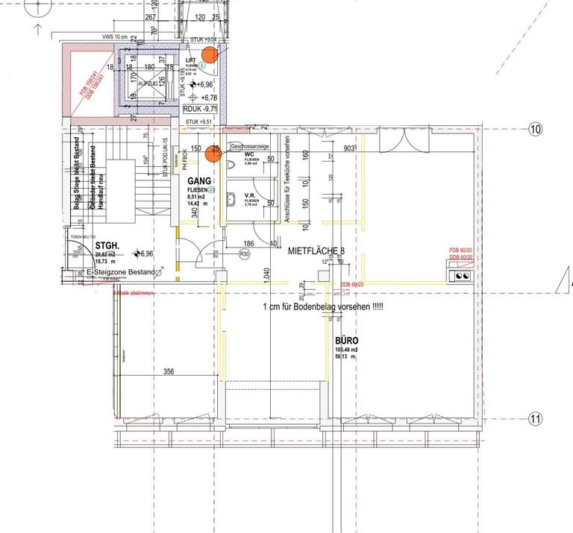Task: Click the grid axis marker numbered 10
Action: click(535, 129)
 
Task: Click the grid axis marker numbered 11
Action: click(535, 419)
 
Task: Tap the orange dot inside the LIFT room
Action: click(210, 54)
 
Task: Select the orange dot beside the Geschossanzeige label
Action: click(213, 152)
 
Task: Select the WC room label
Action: click(250, 155)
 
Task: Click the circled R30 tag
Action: click(243, 254)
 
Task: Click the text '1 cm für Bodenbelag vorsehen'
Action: click(322, 307)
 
